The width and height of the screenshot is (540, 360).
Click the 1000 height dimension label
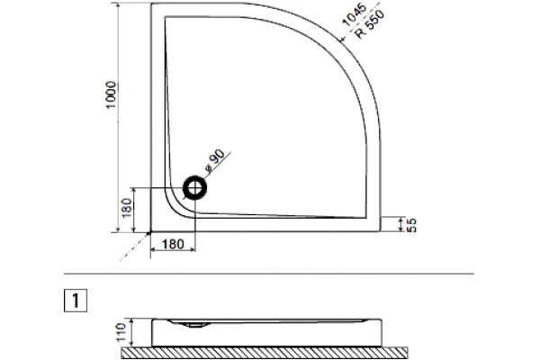(112, 94)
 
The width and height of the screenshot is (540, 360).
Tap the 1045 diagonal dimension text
(354, 14)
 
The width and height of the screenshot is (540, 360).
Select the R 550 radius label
(370, 24)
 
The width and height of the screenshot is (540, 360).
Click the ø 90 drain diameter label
(214, 161)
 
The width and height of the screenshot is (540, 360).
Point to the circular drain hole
(195, 188)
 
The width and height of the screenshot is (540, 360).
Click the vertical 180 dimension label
(127, 208)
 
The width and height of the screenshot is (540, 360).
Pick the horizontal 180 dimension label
(173, 244)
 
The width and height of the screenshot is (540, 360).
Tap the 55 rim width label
(411, 225)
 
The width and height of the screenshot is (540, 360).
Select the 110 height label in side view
(121, 332)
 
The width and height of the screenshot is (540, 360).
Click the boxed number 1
(76, 301)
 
